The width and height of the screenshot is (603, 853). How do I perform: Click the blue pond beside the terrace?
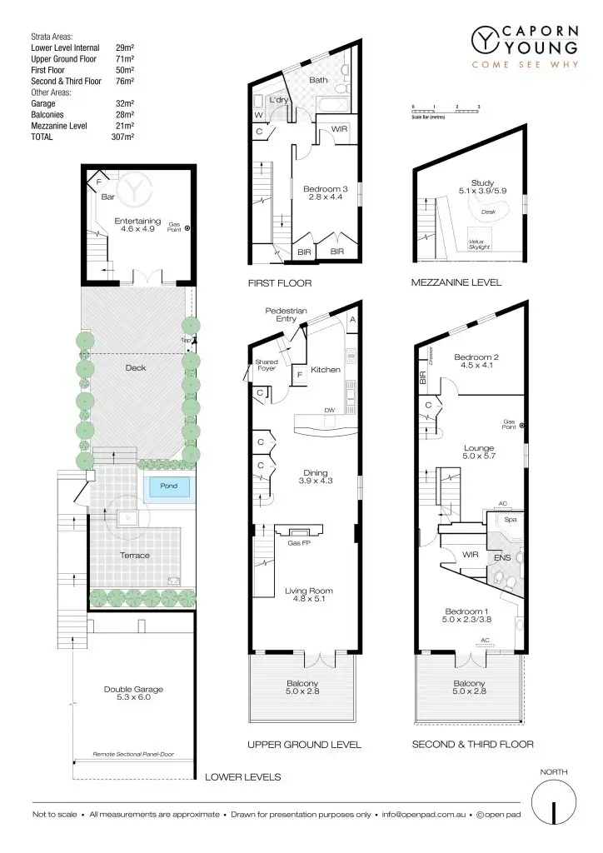pos(169,488)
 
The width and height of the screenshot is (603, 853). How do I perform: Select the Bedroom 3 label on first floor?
pos(326,193)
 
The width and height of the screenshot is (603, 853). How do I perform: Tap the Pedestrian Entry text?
pos(286,315)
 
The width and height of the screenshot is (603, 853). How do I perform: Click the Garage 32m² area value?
pos(125,103)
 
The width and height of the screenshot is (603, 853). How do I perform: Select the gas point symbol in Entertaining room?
pos(187,227)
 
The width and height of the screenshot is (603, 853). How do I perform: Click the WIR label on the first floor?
pos(339,130)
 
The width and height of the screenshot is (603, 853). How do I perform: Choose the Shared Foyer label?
pos(267,365)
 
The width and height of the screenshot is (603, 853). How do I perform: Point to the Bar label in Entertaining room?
pos(107,197)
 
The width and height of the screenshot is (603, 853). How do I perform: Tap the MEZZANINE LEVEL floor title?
pos(456,282)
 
